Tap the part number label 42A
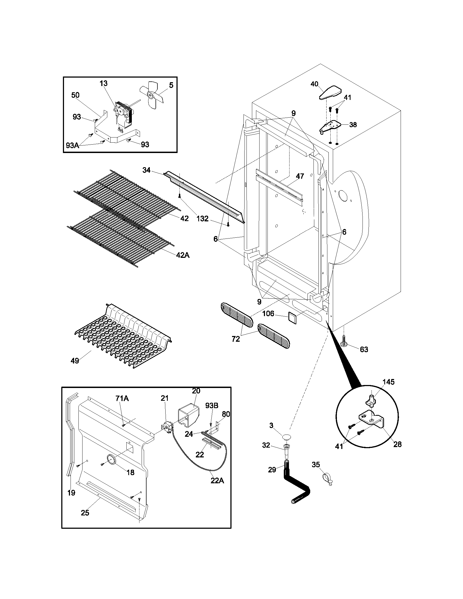pyautogui.click(x=183, y=255)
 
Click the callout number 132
pyautogui.click(x=202, y=219)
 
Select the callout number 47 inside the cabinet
pyautogui.click(x=300, y=176)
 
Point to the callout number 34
pyautogui.click(x=146, y=170)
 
